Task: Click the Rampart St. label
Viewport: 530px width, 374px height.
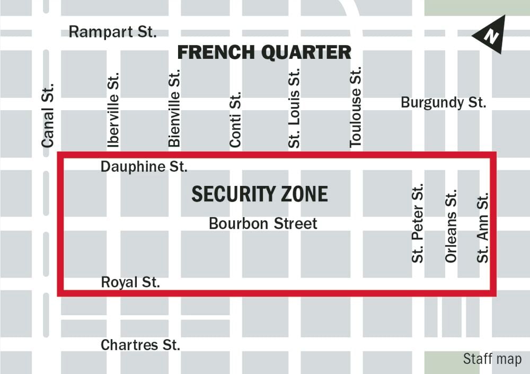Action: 112,32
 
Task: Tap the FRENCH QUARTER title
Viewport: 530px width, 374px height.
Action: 264,52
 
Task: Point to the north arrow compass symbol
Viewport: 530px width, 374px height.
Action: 490,35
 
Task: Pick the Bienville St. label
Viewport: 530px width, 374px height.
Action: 174,109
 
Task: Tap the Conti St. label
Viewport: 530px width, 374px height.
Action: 235,120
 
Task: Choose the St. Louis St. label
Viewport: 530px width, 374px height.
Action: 294,108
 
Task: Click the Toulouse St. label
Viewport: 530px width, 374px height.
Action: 355,106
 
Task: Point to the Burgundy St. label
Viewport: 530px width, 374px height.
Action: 443,102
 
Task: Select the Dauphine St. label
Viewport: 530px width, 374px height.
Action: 144,167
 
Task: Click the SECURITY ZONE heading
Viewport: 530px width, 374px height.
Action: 259,194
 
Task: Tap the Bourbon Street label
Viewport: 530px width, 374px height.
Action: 263,224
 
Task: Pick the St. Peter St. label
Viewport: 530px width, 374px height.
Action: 418,223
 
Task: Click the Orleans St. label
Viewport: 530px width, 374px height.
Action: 450,227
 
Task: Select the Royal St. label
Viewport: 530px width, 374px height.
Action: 130,282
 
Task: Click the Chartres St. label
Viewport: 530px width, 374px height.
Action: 140,345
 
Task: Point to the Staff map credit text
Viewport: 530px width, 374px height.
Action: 492,359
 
